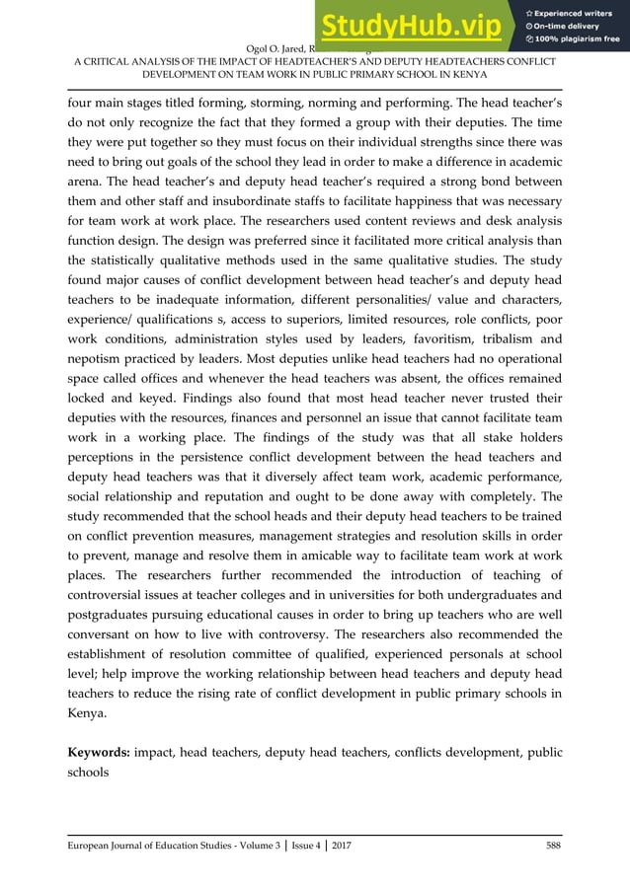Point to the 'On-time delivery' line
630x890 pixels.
569,26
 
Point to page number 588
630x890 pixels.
552,846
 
